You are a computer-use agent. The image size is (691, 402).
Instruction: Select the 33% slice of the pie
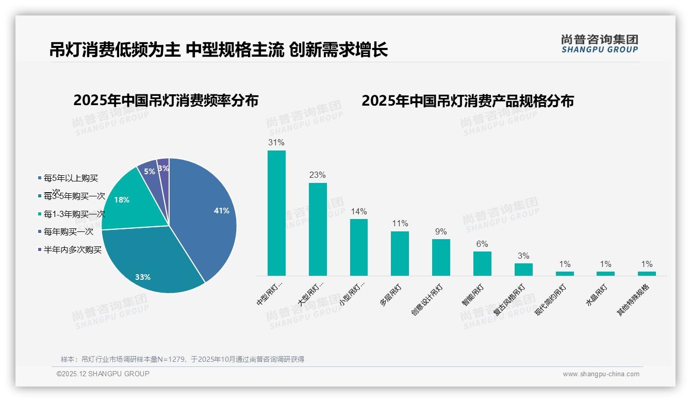pyautogui.click(x=150, y=263)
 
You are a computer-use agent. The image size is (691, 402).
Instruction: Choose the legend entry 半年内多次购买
pyautogui.click(x=72, y=250)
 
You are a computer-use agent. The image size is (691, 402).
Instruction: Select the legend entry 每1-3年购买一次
pyautogui.click(x=74, y=214)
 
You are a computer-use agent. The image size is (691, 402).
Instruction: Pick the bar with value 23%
pyautogui.click(x=318, y=229)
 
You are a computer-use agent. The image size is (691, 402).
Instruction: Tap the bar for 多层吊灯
pyautogui.click(x=400, y=254)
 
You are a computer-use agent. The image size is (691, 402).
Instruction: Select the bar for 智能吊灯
pyautogui.click(x=482, y=263)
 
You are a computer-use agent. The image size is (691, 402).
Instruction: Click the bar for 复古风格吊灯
pyautogui.click(x=523, y=270)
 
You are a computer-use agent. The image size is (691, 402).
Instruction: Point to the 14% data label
pyautogui.click(x=358, y=212)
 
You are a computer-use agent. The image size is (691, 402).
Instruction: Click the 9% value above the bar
pyautogui.click(x=441, y=232)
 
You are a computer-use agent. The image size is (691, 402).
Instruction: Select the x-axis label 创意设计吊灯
pyautogui.click(x=427, y=299)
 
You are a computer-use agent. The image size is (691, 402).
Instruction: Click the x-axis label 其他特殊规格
pyautogui.click(x=634, y=300)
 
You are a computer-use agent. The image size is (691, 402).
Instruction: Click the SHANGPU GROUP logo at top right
pyautogui.click(x=599, y=44)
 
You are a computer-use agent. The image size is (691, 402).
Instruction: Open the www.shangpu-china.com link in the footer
pyautogui.click(x=601, y=374)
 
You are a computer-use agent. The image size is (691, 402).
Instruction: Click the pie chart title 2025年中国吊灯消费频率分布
pyautogui.click(x=166, y=100)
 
